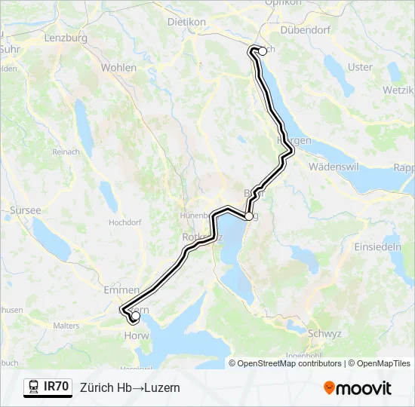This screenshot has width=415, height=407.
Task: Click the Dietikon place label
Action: tap(186, 22)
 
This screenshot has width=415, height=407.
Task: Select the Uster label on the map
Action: tap(360, 67)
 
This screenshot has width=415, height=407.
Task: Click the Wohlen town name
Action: tap(118, 68)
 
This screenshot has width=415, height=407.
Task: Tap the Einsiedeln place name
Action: tap(378, 247)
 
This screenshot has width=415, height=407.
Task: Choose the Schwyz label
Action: tap(326, 332)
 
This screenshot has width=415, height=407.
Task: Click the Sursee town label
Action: tap(26, 210)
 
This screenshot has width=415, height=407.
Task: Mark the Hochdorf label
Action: tap(125, 223)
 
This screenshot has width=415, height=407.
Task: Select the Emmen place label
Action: tap(121, 289)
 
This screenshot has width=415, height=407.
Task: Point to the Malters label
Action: tap(66, 326)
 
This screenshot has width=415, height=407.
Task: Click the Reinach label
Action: tap(66, 151)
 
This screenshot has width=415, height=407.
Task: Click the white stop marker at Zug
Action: tap(248, 216)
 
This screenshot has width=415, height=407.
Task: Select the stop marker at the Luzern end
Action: tap(135, 317)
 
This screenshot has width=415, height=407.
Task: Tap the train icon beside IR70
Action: tap(33, 387)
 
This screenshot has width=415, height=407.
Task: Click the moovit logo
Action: tap(358, 388)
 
